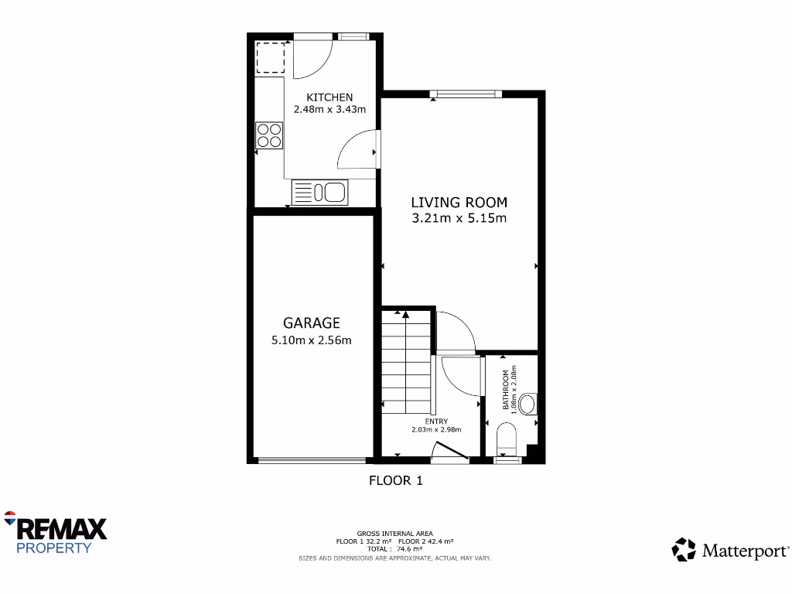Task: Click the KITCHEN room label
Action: (x=329, y=97)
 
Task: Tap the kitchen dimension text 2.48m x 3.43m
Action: (x=329, y=110)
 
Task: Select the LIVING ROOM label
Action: (x=459, y=203)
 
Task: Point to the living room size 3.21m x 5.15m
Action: (x=459, y=218)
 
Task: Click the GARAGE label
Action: (x=311, y=323)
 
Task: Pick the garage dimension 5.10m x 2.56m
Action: (x=311, y=340)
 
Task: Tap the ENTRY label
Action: (x=436, y=422)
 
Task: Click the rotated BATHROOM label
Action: (x=507, y=390)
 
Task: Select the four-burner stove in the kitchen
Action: (x=269, y=135)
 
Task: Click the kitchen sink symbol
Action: (x=320, y=192)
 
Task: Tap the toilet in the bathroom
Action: (x=507, y=438)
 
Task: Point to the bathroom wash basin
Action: (x=528, y=404)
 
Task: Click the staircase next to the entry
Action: (x=406, y=364)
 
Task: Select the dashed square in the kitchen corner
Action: (x=269, y=58)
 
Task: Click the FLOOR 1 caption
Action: (x=395, y=480)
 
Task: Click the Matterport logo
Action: (x=730, y=550)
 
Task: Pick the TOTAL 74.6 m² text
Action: (x=394, y=548)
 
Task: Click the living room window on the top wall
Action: (x=466, y=94)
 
